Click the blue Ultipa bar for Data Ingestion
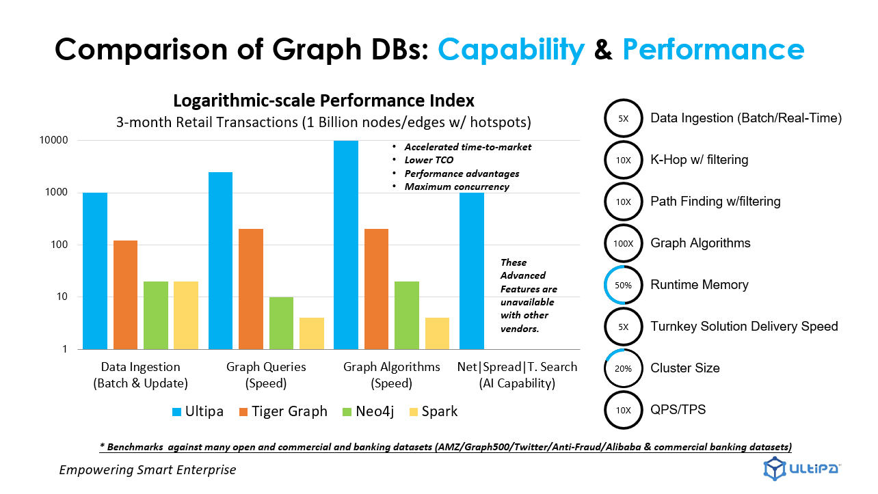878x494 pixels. pos(95,271)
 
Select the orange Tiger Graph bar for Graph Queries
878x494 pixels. pos(251,288)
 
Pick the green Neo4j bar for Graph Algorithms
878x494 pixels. pos(407,315)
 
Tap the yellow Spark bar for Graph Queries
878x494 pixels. pos(312,333)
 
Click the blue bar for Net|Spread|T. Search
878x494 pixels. pos(471,271)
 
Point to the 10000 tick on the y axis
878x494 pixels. pos(54,141)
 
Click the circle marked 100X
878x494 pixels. pos(624,243)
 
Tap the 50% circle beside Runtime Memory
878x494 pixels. pos(624,285)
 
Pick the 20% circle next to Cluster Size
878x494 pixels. pos(624,368)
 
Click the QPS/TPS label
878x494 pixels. pos(678,410)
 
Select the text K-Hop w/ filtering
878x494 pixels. pos(700,160)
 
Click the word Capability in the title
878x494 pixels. pos(511,49)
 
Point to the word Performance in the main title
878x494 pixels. pos(713,49)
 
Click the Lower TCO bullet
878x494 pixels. pos(429,160)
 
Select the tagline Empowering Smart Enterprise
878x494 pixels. pos(148,470)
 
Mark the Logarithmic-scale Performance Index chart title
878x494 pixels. pos(323,101)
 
